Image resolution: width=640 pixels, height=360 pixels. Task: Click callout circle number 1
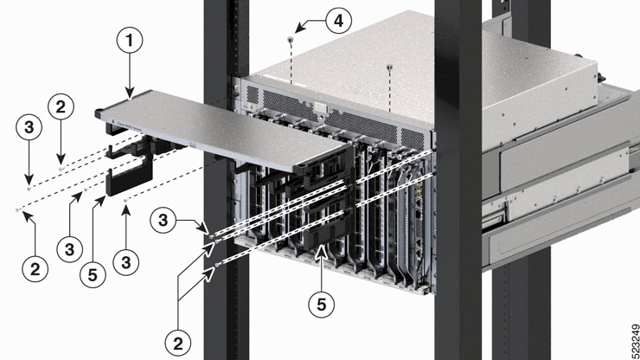point(130,41)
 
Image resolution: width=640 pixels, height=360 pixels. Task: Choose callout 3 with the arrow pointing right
point(163,221)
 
